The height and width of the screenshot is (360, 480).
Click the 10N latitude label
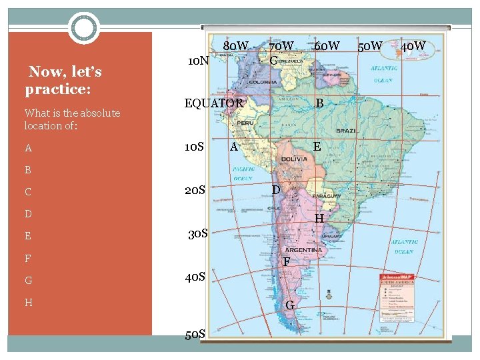click(x=199, y=61)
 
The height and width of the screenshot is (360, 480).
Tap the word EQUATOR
click(x=213, y=103)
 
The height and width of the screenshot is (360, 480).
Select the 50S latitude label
click(x=195, y=333)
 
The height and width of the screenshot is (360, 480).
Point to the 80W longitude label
click(x=237, y=46)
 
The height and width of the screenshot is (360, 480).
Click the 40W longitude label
click(x=413, y=46)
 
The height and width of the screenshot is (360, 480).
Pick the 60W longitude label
click(x=327, y=46)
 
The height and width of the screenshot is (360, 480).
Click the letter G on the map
click(x=289, y=305)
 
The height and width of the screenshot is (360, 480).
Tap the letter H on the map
click(x=319, y=218)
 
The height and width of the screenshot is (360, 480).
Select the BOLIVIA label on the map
click(x=293, y=160)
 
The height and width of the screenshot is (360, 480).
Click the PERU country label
click(x=245, y=123)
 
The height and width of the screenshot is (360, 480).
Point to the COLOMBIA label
click(x=264, y=82)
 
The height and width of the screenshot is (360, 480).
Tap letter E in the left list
click(x=28, y=236)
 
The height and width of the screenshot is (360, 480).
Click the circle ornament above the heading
click(x=84, y=28)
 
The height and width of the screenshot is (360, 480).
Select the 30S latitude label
click(x=198, y=234)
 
